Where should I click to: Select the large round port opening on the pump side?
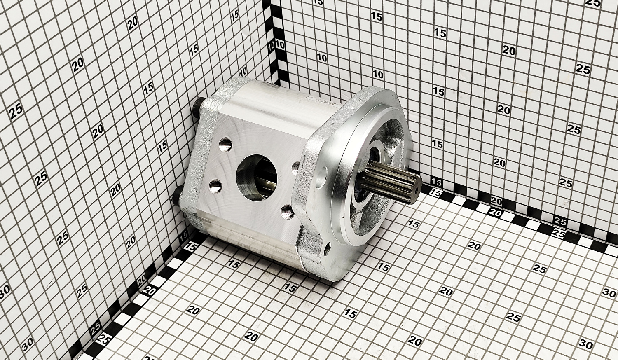pos(257,176)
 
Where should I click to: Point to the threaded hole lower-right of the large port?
pos(288,212)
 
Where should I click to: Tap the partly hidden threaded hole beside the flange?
pos(295,168)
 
